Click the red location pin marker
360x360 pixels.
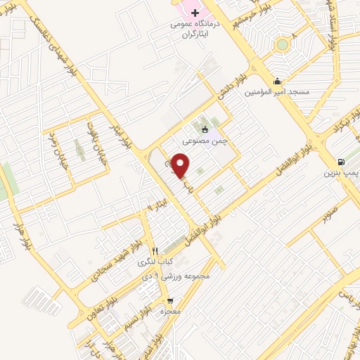pyautogui.click(x=181, y=165)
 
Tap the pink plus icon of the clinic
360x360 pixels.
pyautogui.click(x=195, y=12)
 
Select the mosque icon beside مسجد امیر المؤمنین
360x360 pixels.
pyautogui.click(x=279, y=81)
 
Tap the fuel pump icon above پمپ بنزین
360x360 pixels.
pyautogui.click(x=342, y=160)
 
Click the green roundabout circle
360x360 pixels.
pyautogui.click(x=282, y=44)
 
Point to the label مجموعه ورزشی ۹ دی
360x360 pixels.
pyautogui.click(x=185, y=275)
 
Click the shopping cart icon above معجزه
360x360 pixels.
pyautogui.click(x=169, y=300)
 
